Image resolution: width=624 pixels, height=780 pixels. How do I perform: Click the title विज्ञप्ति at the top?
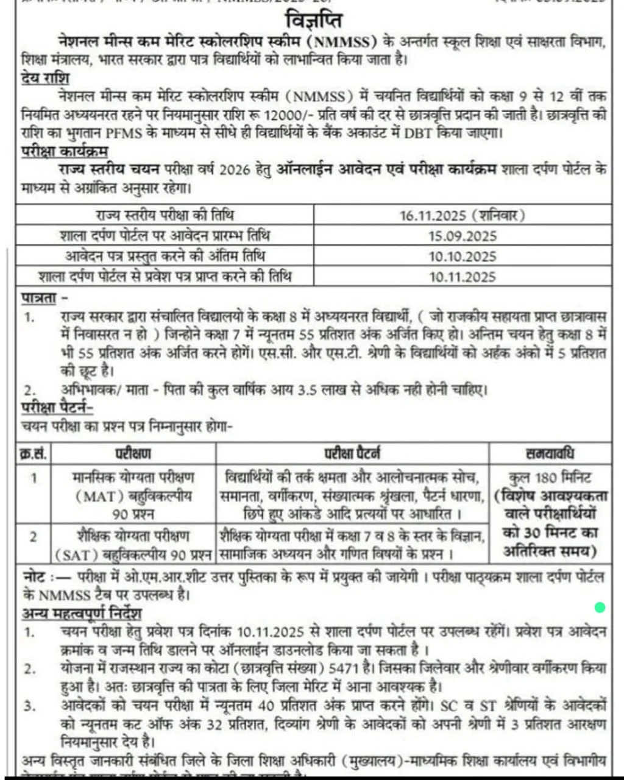pyautogui.click(x=313, y=21)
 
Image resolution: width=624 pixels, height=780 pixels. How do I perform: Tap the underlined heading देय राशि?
pyautogui.click(x=45, y=79)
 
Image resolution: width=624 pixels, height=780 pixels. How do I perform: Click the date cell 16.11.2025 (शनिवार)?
pyautogui.click(x=462, y=215)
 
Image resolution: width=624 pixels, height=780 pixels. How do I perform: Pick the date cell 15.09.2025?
pyautogui.click(x=462, y=236)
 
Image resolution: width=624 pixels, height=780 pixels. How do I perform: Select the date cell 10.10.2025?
pyautogui.click(x=462, y=256)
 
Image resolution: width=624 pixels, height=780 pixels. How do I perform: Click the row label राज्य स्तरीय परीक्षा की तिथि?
pyautogui.click(x=165, y=215)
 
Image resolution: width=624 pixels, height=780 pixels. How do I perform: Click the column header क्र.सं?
pyautogui.click(x=34, y=453)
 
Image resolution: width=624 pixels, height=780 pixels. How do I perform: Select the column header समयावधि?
pyautogui.click(x=549, y=453)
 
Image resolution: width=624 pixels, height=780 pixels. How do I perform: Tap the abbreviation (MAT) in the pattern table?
pyautogui.click(x=96, y=496)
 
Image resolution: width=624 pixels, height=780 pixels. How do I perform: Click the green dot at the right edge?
pyautogui.click(x=600, y=607)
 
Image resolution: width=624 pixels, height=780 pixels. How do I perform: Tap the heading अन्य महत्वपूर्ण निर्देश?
pyautogui.click(x=81, y=613)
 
